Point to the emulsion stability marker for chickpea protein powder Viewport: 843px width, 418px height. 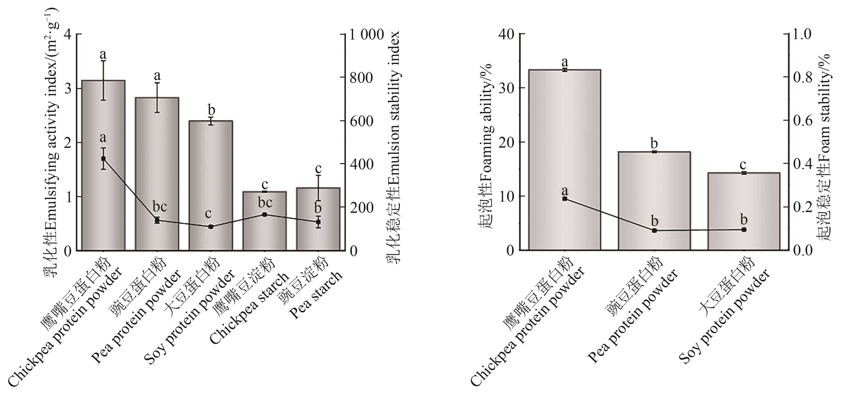(x=103, y=159)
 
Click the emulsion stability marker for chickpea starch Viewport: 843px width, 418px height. (x=264, y=215)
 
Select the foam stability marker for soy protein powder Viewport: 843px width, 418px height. (x=744, y=230)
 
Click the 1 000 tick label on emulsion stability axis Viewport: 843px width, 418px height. (x=366, y=35)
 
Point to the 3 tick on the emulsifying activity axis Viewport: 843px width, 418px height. (x=68, y=88)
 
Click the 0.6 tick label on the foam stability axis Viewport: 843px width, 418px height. (x=803, y=121)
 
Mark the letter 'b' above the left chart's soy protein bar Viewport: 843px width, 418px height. (x=211, y=110)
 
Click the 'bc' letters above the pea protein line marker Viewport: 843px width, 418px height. (x=160, y=206)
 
